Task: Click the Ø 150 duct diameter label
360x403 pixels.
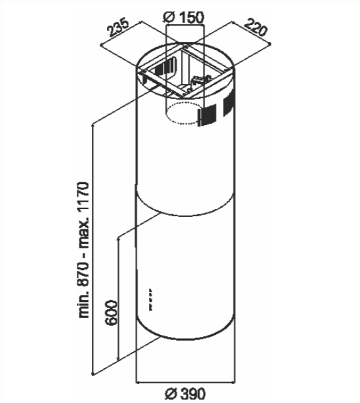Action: (184, 17)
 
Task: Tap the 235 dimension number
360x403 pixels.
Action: (119, 28)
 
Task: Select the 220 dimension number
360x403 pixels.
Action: (255, 28)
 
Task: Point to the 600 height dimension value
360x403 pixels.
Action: (111, 313)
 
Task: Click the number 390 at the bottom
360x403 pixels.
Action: (193, 393)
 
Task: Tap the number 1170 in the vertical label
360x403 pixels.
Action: (84, 197)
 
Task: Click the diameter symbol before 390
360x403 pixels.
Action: (170, 394)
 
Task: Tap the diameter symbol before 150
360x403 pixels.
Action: (170, 18)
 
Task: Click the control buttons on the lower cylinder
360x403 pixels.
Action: (150, 299)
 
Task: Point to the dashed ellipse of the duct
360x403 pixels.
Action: (184, 113)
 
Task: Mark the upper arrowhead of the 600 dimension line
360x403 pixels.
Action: (118, 240)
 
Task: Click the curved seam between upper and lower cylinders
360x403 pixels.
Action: (184, 216)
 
